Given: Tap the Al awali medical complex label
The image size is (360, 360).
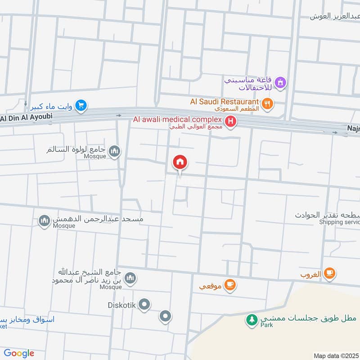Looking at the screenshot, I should [x=177, y=119].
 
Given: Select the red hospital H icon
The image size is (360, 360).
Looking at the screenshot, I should [x=231, y=121].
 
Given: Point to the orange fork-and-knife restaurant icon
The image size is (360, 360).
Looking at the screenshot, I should [x=268, y=104].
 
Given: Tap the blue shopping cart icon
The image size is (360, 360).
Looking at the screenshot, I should [x=81, y=106].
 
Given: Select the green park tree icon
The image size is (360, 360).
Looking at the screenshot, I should [x=251, y=320].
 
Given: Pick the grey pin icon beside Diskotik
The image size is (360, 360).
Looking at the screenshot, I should [x=144, y=306].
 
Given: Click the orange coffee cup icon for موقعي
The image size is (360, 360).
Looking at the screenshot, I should [x=230, y=284].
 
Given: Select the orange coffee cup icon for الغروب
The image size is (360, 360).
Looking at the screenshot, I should [x=330, y=273].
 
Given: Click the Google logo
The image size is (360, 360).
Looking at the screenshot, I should [x=19, y=353].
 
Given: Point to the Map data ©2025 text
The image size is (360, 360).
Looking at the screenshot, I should [x=336, y=355].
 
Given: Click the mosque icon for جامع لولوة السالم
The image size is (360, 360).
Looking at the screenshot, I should [x=115, y=151].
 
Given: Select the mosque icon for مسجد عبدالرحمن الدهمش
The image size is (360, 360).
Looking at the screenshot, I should [x=44, y=221].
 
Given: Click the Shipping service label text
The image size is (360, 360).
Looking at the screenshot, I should [x=340, y=222].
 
